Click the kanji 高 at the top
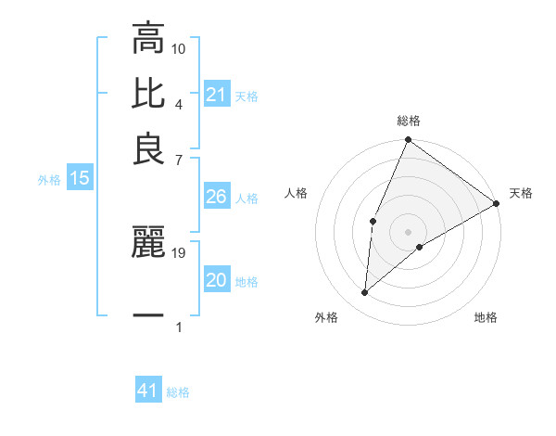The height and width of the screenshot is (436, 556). click(x=148, y=40)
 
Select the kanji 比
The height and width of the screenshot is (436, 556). click(x=148, y=94)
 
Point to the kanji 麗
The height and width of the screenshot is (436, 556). click(x=148, y=243)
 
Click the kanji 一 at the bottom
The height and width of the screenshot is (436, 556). click(x=148, y=315)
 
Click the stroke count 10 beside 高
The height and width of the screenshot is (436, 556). click(x=179, y=47)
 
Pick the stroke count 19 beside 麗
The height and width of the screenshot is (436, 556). click(x=180, y=251)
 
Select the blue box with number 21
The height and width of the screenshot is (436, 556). click(x=217, y=95)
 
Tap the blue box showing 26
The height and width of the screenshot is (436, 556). click(x=217, y=198)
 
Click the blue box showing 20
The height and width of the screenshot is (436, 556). click(x=217, y=281)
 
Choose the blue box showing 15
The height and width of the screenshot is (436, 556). click(x=79, y=179)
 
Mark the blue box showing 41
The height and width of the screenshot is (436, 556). click(x=148, y=391)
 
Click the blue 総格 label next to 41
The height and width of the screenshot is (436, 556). click(x=178, y=392)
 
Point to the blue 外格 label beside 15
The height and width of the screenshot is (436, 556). click(x=48, y=180)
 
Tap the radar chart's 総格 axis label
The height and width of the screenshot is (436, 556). click(x=409, y=121)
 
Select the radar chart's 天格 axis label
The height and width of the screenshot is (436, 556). click(x=521, y=193)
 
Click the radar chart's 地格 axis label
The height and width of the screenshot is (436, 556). click(x=486, y=317)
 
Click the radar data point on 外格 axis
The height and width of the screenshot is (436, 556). click(x=365, y=292)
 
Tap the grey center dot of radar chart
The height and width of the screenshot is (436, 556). click(x=409, y=231)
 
